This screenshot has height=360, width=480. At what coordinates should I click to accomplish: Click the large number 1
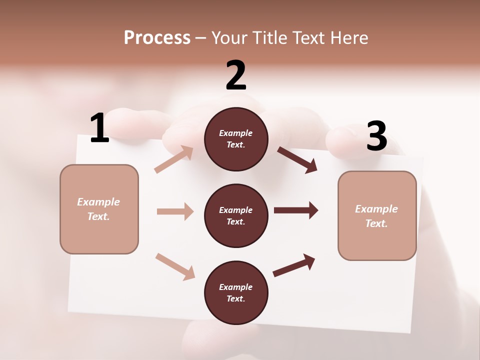[x=99, y=128]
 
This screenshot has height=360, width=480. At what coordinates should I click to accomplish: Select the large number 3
[x=376, y=136]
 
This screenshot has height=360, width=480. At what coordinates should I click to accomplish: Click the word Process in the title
[x=157, y=37]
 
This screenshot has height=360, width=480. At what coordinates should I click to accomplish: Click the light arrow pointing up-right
[x=174, y=159]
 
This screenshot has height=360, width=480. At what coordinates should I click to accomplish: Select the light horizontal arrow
[x=175, y=211]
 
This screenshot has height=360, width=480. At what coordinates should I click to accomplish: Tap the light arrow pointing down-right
[x=175, y=266]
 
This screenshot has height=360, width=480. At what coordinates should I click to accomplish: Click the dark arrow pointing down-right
[x=297, y=159]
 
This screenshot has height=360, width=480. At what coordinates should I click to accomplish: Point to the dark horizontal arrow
[x=295, y=210]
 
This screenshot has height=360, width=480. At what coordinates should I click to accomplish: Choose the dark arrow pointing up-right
[x=294, y=265]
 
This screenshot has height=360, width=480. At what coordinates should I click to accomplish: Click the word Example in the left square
[x=98, y=202]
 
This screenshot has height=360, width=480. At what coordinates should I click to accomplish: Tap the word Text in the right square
[x=376, y=223]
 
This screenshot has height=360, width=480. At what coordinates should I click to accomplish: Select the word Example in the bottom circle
[x=236, y=287]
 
